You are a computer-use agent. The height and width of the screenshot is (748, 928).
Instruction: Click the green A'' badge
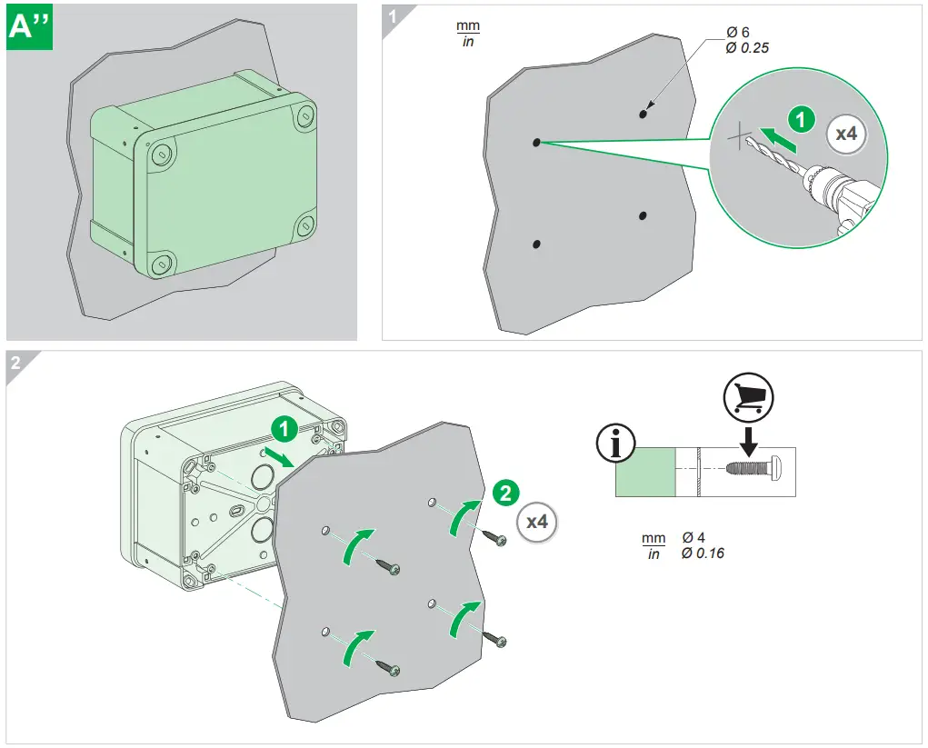[x=30, y=28]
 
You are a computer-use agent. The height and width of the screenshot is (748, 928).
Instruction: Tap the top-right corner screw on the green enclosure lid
[x=304, y=115]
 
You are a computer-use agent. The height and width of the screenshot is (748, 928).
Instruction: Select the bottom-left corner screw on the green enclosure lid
[x=163, y=264]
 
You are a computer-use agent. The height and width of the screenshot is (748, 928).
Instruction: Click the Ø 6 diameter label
[x=737, y=33]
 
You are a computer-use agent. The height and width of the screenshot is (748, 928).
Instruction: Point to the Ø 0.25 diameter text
[x=747, y=47]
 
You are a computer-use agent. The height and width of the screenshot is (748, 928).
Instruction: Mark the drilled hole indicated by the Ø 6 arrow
[x=643, y=115]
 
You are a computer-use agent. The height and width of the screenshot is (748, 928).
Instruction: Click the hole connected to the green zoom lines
[x=536, y=142]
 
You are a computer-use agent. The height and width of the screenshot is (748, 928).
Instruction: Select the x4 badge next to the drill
[x=845, y=134]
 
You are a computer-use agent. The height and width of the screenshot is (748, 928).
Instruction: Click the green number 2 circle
[x=506, y=493]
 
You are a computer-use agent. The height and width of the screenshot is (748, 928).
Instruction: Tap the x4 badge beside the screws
[x=537, y=522]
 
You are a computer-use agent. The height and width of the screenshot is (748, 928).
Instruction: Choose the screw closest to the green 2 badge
[x=499, y=539]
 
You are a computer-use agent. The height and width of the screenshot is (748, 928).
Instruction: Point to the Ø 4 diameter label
[x=694, y=538]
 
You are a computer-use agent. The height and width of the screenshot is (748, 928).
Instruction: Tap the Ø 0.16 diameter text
[x=703, y=553]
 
